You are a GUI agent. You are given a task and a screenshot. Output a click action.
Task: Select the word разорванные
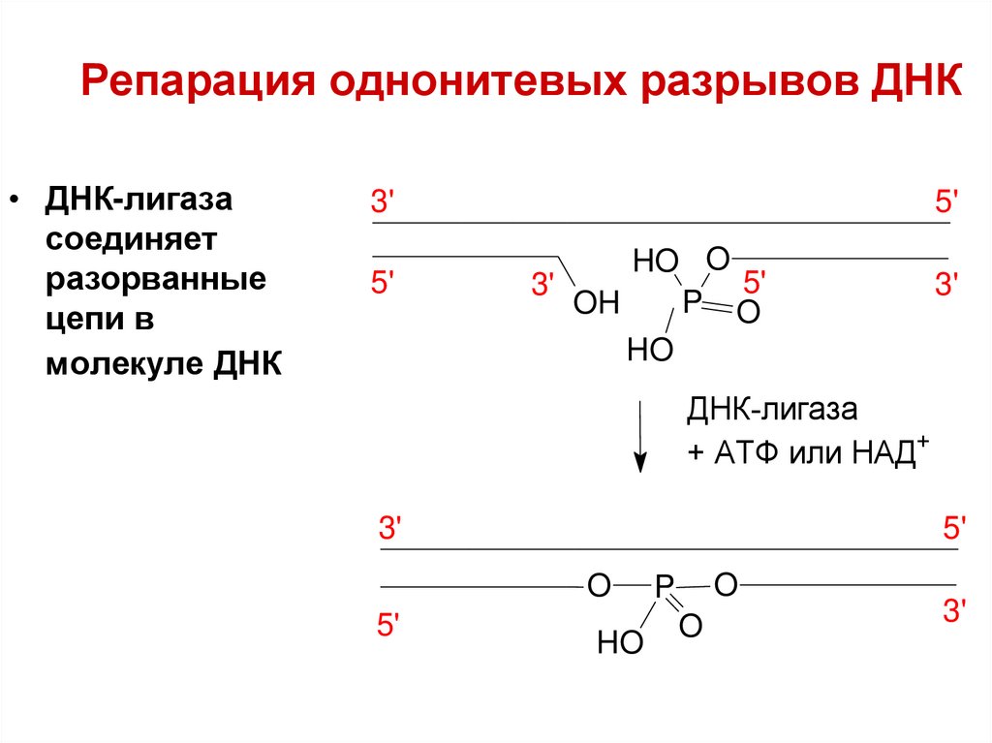click(x=155, y=282)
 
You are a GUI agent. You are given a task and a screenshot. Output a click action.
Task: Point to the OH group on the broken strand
click(x=596, y=304)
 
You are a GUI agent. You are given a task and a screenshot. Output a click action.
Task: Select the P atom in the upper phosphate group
click(x=692, y=302)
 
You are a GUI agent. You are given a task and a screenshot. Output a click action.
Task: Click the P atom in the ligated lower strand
click(x=664, y=586)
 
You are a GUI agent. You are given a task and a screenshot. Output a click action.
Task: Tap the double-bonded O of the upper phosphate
click(x=747, y=313)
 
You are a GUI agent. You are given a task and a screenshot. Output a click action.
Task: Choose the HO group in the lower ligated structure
click(x=620, y=642)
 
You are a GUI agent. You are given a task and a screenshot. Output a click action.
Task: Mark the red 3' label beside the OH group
click(x=542, y=285)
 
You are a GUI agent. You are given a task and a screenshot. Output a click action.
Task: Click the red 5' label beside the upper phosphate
click(x=755, y=283)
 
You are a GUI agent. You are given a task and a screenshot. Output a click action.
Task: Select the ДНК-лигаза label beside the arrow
click(x=772, y=410)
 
